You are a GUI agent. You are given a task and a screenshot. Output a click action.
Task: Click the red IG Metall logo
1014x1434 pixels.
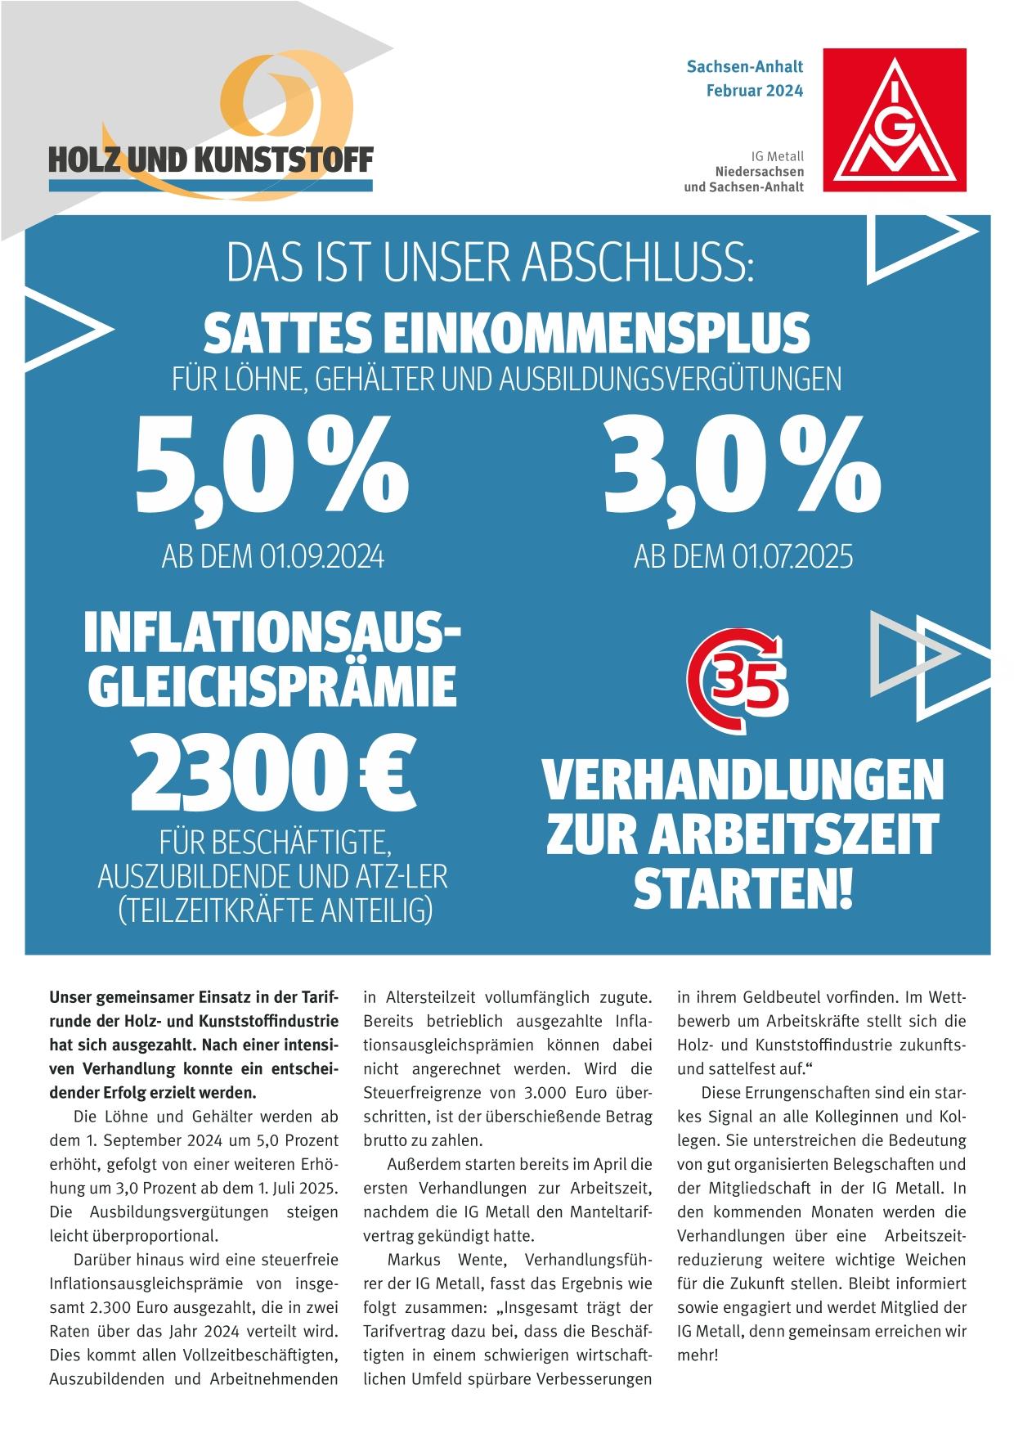click(896, 119)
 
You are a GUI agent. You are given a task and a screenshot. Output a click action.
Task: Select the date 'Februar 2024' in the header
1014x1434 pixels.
click(754, 90)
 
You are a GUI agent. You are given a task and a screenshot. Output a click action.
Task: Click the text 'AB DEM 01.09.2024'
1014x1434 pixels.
click(273, 558)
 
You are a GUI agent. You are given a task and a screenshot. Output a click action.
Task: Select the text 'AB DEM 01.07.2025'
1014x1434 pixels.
click(743, 558)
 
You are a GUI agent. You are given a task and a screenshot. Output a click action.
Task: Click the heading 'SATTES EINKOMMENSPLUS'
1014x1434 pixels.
click(506, 333)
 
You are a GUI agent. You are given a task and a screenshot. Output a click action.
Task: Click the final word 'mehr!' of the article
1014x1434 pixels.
click(698, 1355)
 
